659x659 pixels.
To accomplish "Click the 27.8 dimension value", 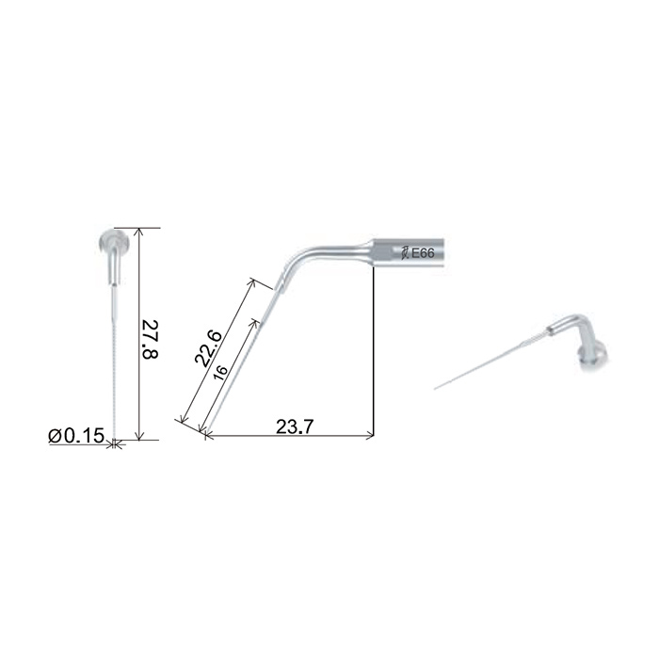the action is pyautogui.click(x=151, y=340).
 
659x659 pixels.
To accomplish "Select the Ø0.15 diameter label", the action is pyautogui.click(x=76, y=436).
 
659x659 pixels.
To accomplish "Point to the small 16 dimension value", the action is pyautogui.click(x=220, y=373).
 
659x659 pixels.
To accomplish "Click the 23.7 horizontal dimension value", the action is pyautogui.click(x=295, y=427).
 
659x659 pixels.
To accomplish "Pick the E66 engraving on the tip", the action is pyautogui.click(x=423, y=253).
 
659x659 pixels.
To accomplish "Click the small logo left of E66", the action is pyautogui.click(x=405, y=253).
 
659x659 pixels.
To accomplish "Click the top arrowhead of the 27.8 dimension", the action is pyautogui.click(x=140, y=233).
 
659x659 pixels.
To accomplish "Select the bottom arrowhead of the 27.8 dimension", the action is pyautogui.click(x=140, y=435).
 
